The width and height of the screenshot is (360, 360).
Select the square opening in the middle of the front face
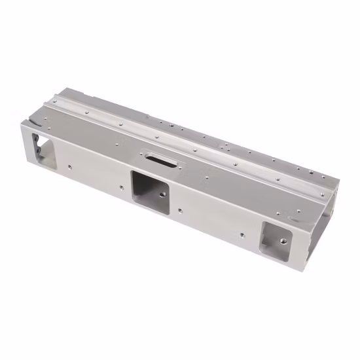pos(150,187)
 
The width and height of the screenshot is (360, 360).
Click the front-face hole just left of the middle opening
pos(122,186)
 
